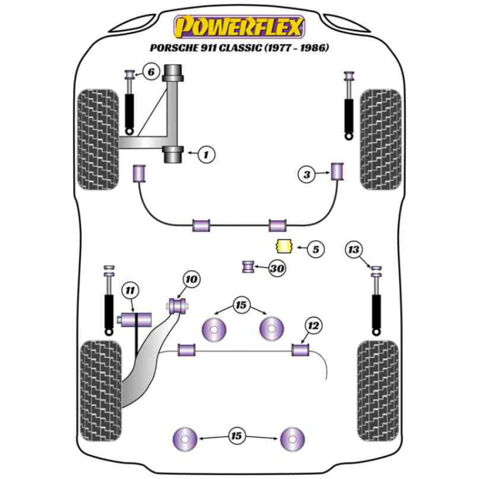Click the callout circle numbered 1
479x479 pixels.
tap(206, 154)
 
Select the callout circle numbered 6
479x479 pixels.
tap(150, 73)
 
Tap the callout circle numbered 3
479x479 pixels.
tap(307, 175)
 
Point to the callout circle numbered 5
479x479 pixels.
tap(315, 249)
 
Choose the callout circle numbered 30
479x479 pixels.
tap(276, 269)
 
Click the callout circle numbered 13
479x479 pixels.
tap(354, 250)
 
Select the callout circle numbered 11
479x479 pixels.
tap(129, 290)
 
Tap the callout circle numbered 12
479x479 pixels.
tap(313, 326)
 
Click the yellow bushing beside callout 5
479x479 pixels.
tap(284, 246)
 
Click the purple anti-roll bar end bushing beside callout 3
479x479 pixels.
tap(338, 171)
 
